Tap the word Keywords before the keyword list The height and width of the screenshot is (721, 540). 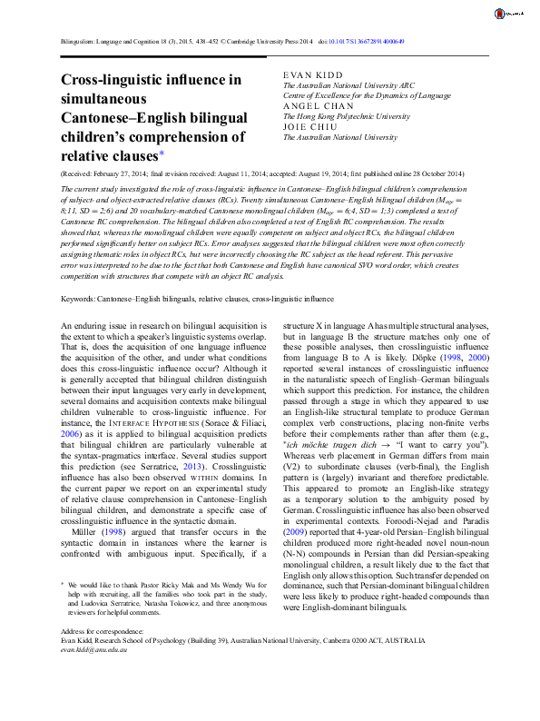[x=79, y=248]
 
